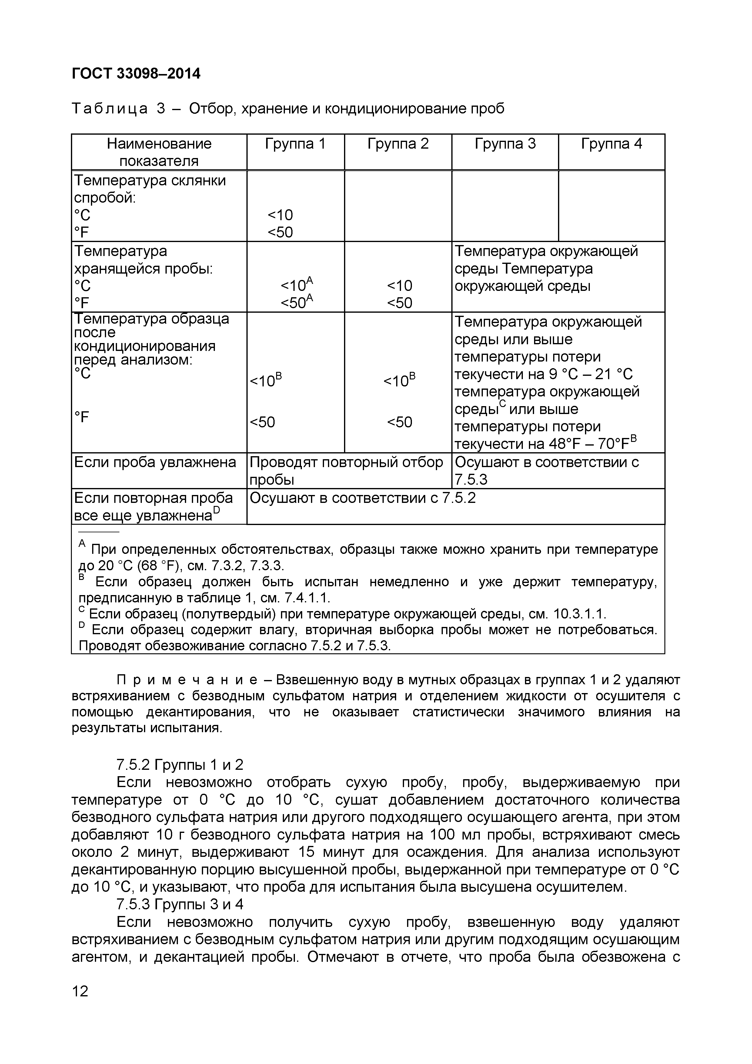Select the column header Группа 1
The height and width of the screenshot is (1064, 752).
(x=296, y=144)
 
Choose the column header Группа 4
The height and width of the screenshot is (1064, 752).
(x=611, y=144)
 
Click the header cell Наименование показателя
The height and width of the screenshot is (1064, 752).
(x=159, y=152)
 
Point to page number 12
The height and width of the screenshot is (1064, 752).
(x=80, y=991)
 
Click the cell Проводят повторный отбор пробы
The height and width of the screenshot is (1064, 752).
(x=346, y=470)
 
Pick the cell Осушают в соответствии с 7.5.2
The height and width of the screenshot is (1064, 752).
(x=362, y=498)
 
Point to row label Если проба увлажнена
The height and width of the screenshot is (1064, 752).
(x=155, y=462)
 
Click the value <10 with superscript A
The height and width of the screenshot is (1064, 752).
(x=296, y=285)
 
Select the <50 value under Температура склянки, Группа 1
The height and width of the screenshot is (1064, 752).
(x=280, y=232)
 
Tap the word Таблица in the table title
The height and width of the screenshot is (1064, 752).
(x=110, y=109)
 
